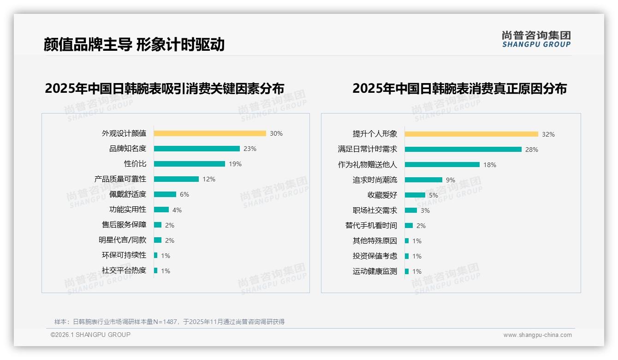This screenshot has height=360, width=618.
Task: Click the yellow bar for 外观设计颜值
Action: click(210, 133)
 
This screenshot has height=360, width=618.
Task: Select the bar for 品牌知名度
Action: click(197, 149)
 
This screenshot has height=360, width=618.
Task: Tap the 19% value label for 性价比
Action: click(235, 164)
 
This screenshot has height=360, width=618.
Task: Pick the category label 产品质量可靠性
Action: click(120, 179)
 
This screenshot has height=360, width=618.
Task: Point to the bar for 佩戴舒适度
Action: click(165, 194)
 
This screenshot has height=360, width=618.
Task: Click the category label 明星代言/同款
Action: click(123, 240)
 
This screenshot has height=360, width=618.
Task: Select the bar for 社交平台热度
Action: click(156, 270)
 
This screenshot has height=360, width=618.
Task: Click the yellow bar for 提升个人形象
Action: click(471, 134)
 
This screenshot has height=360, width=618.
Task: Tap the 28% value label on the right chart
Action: click(532, 150)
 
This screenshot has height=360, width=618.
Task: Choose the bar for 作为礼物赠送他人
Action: click(442, 165)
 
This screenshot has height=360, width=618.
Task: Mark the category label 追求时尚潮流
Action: click(375, 180)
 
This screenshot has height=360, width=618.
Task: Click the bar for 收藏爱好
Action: click(415, 195)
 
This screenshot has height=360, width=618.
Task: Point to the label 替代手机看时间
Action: click(371, 226)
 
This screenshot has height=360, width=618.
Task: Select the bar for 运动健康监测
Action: click(407, 271)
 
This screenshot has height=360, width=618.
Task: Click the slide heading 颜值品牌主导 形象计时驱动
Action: click(134, 44)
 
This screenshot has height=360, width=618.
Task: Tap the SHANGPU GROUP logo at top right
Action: click(536, 39)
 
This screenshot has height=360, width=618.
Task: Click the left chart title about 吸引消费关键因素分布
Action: click(165, 88)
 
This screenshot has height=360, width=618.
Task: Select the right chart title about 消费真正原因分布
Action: click(459, 88)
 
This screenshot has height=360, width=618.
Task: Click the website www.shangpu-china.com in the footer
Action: click(537, 335)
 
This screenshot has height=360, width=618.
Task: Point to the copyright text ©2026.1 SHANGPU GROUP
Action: click(91, 335)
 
